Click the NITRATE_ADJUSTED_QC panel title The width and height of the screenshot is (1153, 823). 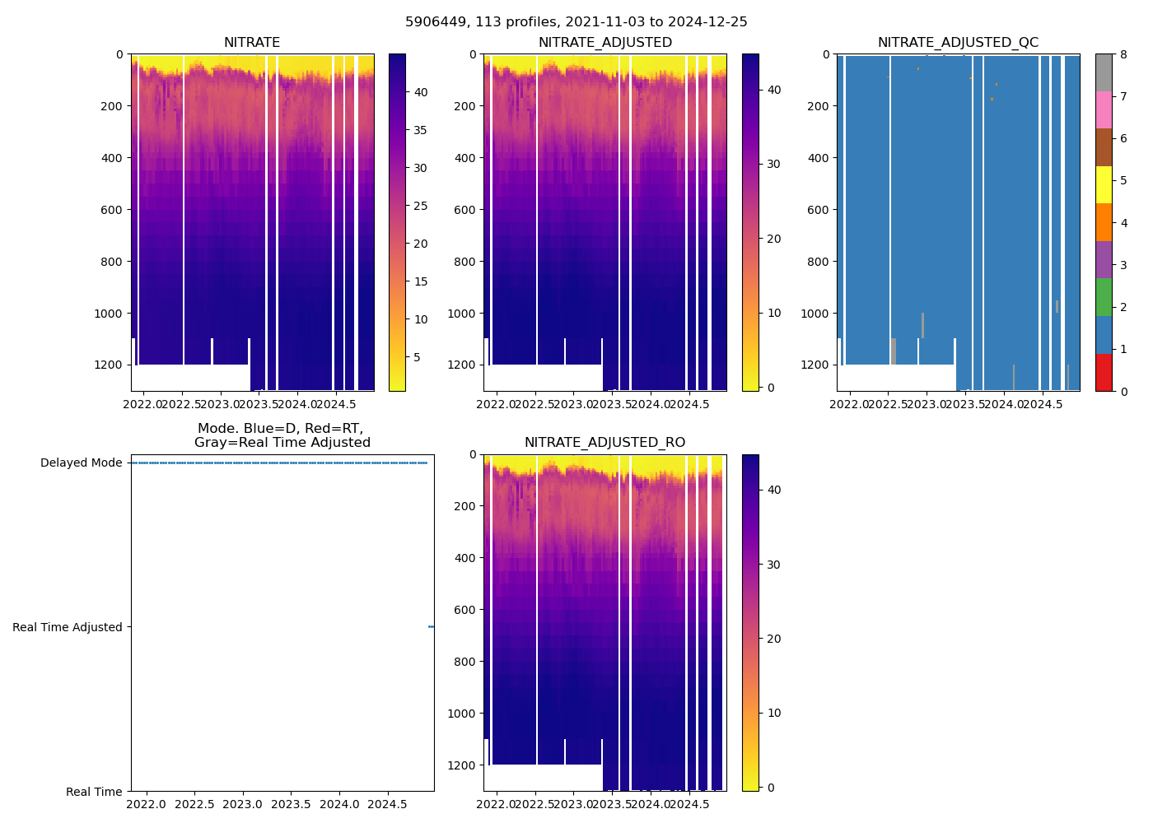[958, 43]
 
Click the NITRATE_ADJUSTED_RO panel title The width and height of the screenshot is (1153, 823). [605, 443]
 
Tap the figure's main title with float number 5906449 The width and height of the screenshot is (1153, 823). [576, 22]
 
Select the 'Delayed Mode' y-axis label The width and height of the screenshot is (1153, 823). [81, 463]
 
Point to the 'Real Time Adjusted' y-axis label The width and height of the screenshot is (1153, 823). [68, 627]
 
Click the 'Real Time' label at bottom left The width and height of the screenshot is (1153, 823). [94, 792]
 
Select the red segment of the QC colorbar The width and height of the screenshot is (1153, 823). [1104, 372]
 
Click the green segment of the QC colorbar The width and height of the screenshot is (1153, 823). [1104, 297]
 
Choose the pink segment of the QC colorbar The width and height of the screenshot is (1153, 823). [1104, 110]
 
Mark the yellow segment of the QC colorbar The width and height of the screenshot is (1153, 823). [1104, 185]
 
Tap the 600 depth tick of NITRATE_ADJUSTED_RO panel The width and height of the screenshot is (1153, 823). [466, 610]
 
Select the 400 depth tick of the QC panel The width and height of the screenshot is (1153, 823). [818, 158]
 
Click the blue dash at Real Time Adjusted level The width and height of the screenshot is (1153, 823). [431, 627]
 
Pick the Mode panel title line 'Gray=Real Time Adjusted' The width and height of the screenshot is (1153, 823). [282, 443]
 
